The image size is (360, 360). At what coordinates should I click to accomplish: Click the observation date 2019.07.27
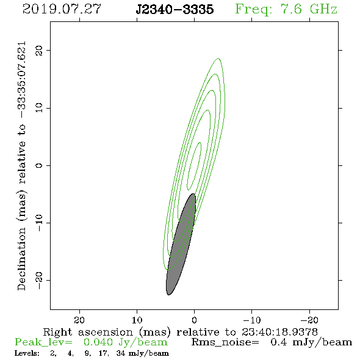click(x=62, y=9)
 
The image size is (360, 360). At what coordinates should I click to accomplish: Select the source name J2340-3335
click(x=175, y=9)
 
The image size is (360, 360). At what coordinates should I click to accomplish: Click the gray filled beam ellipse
click(x=181, y=244)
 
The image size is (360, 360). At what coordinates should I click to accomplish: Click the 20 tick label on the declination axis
click(x=39, y=50)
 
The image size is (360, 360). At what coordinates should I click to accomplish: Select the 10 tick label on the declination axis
click(x=39, y=108)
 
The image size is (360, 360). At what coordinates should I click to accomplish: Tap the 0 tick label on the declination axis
click(x=39, y=165)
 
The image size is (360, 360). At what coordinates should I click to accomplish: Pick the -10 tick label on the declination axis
click(x=39, y=223)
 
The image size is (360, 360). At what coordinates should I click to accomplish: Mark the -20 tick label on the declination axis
click(x=39, y=280)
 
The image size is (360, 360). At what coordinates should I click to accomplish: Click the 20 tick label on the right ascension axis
click(x=79, y=320)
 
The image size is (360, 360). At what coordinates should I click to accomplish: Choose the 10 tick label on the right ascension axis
click(x=137, y=320)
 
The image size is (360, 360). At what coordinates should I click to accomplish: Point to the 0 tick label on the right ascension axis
click(x=195, y=320)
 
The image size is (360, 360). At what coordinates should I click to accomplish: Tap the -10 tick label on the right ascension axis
click(x=252, y=320)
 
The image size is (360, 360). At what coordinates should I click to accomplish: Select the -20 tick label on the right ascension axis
click(x=309, y=320)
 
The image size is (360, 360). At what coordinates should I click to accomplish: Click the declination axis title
click(x=22, y=166)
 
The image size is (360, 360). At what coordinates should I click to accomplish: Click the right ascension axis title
click(x=181, y=332)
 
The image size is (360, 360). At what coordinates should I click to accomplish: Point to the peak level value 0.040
click(x=98, y=342)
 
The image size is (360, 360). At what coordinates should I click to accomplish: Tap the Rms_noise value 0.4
click(x=278, y=342)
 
